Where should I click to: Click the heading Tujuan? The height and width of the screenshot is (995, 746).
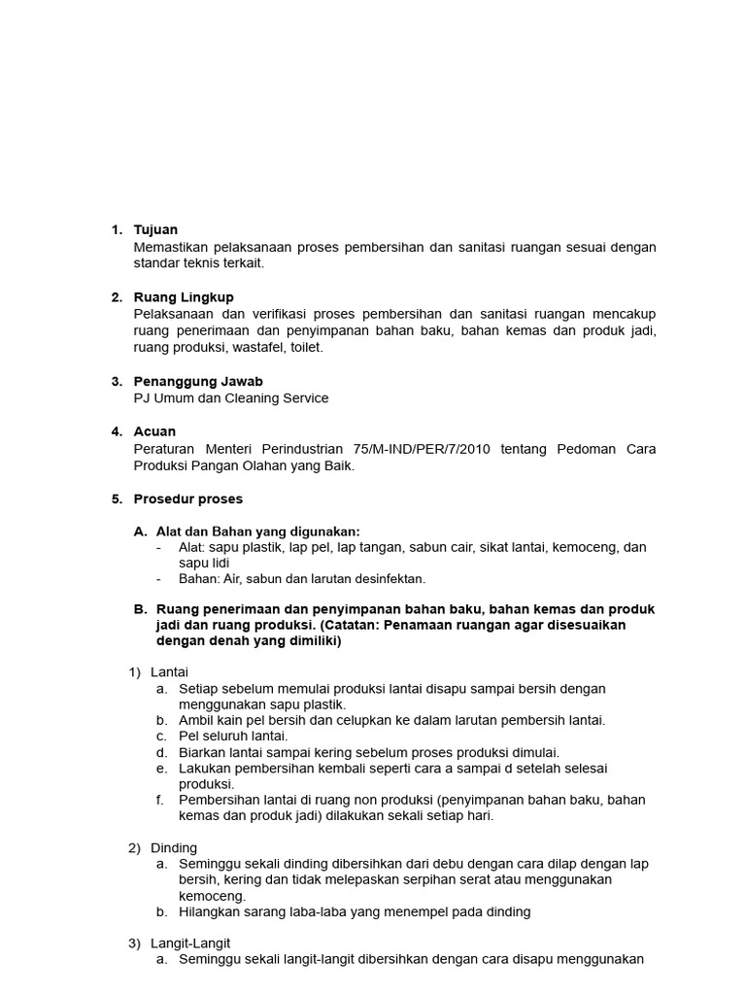pyautogui.click(x=155, y=230)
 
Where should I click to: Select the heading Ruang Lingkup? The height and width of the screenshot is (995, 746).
pyautogui.click(x=184, y=297)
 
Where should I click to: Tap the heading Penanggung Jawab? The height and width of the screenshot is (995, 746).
pyautogui.click(x=198, y=382)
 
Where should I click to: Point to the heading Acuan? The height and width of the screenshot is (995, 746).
pyautogui.click(x=154, y=431)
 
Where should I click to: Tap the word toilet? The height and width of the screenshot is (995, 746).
pyautogui.click(x=307, y=347)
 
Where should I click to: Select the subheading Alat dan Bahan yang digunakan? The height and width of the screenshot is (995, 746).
pyautogui.click(x=257, y=532)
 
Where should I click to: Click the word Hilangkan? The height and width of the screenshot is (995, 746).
pyautogui.click(x=211, y=912)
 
